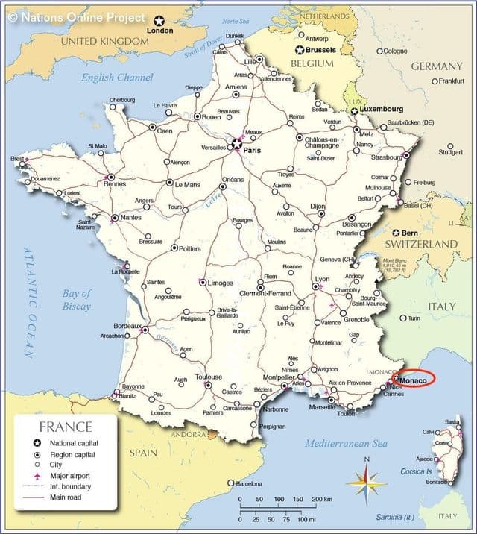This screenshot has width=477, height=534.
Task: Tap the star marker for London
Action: pos(159,20)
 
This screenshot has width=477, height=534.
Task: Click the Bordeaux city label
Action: pos(127,326)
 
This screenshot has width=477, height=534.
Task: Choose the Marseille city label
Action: pos(321,407)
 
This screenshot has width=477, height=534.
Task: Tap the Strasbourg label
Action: pos(387,157)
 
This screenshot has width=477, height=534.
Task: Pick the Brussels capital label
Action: pos(320,50)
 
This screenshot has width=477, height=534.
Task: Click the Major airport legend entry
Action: pos(73,475)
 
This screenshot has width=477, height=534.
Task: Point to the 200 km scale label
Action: pos(321,499)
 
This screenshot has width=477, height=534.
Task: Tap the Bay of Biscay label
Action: pos(76,300)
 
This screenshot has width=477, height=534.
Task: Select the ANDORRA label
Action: pos(189,434)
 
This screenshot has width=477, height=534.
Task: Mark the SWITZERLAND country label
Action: pos(420,244)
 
